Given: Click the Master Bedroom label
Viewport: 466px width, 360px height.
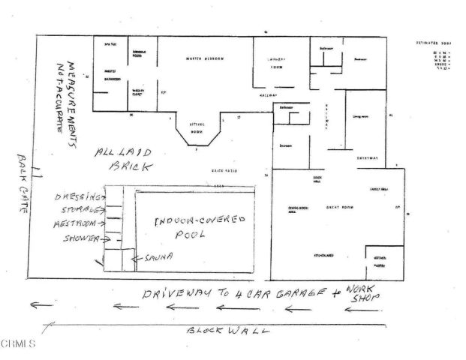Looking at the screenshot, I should [205, 59].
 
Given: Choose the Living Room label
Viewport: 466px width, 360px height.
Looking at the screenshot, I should [362, 115].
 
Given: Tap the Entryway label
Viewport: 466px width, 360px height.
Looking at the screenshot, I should [367, 158].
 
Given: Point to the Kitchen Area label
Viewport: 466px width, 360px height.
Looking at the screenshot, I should [324, 256].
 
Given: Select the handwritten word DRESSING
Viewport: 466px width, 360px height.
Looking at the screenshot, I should [77, 197].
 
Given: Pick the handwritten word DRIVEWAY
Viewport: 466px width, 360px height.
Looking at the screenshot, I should [176, 292].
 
